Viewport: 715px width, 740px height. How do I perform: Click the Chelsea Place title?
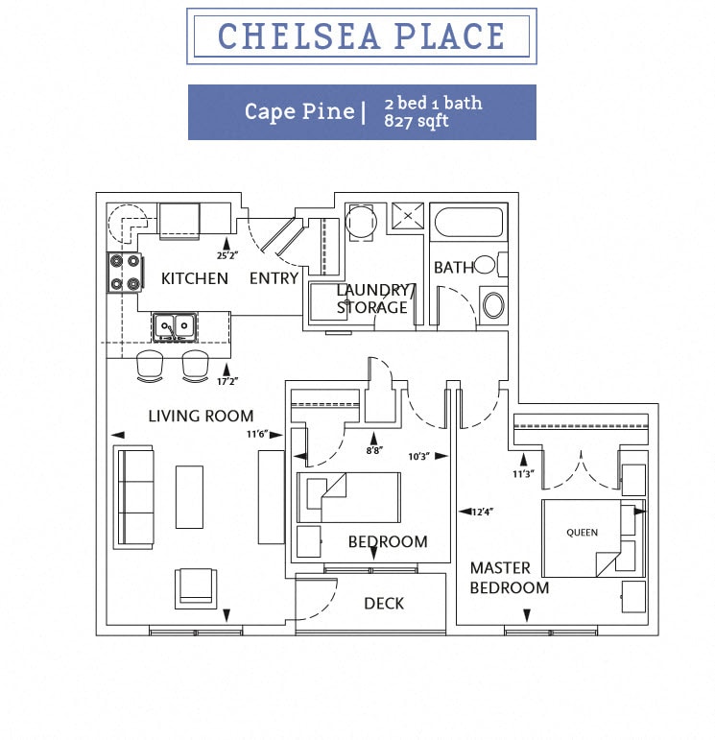pos(361,36)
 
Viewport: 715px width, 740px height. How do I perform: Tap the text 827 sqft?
pos(416,122)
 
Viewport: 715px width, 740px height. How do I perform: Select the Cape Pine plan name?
pos(298,111)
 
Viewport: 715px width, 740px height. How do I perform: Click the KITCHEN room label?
pos(195,278)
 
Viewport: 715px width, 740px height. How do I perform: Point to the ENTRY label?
pos(274,278)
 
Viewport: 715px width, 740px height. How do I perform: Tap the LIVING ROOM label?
pos(201,416)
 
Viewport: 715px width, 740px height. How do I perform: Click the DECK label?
pos(384,603)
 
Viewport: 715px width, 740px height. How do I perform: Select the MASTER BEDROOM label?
pos(510,578)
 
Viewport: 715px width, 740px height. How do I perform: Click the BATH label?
pos(453,268)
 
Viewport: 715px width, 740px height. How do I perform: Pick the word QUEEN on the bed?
pos(582,532)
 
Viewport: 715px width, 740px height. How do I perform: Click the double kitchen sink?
pos(174,327)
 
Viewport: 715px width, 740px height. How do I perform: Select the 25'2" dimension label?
pos(226,256)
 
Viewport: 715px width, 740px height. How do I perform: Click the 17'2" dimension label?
pos(226,381)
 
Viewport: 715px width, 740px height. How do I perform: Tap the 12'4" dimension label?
pos(481,511)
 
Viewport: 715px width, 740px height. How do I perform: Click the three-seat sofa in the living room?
pos(135,496)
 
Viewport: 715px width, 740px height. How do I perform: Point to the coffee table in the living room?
pos(189,496)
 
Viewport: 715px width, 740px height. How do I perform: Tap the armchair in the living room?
pos(195,586)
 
